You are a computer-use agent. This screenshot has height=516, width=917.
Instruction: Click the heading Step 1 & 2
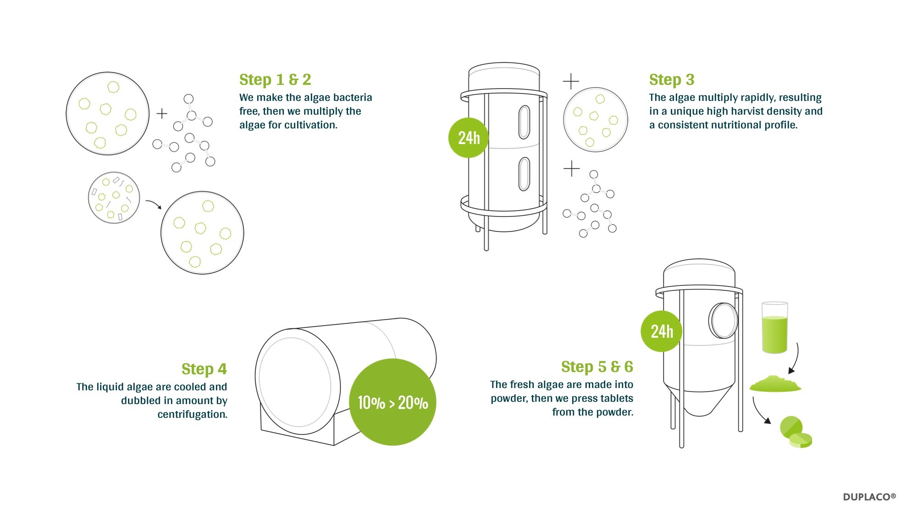coord(275,80)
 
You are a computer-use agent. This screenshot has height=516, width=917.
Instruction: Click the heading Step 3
coord(672,80)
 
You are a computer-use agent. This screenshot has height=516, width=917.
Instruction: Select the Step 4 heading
coord(204,369)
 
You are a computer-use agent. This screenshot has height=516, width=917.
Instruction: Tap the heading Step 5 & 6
coord(597,367)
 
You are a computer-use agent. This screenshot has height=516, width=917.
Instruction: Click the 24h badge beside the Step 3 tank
coord(469,138)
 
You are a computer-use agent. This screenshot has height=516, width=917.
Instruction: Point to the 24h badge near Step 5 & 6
coord(661,331)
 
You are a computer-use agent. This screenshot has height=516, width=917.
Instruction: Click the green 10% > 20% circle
coord(392,402)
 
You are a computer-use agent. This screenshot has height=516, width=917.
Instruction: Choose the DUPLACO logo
coord(869,497)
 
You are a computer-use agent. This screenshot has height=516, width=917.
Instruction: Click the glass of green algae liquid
coord(774,327)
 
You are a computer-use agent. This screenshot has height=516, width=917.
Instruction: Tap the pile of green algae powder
coord(775,384)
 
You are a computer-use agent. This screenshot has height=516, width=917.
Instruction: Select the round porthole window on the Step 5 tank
coord(723,321)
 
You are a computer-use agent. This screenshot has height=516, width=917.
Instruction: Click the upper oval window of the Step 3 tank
coord(524,122)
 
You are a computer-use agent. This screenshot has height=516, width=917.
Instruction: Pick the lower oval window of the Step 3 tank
coord(524,174)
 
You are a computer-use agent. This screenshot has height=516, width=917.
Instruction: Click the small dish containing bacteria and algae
coord(114,198)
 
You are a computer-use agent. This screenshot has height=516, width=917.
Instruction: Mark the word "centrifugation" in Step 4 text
coord(193,415)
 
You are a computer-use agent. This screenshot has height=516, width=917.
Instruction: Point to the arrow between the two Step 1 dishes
coord(154,203)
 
